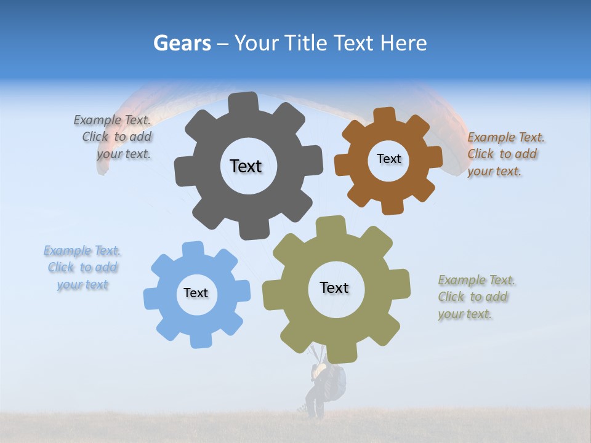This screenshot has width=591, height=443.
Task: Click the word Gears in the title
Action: pyautogui.click(x=182, y=43)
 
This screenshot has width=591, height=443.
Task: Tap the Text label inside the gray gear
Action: pyautogui.click(x=246, y=166)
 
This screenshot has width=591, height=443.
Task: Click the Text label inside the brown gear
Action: pyautogui.click(x=388, y=159)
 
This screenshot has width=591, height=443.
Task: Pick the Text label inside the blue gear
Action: pyautogui.click(x=196, y=293)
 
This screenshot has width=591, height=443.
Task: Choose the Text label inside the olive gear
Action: pyautogui.click(x=334, y=288)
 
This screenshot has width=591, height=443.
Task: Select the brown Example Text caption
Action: pyautogui.click(x=505, y=154)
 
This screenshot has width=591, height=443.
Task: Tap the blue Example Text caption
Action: pyautogui.click(x=82, y=268)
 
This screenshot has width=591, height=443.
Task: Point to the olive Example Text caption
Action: pyautogui.click(x=475, y=297)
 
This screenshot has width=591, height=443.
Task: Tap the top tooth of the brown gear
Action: pyautogui.click(x=385, y=115)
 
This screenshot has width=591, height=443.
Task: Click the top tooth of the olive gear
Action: pyautogui.click(x=331, y=225)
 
